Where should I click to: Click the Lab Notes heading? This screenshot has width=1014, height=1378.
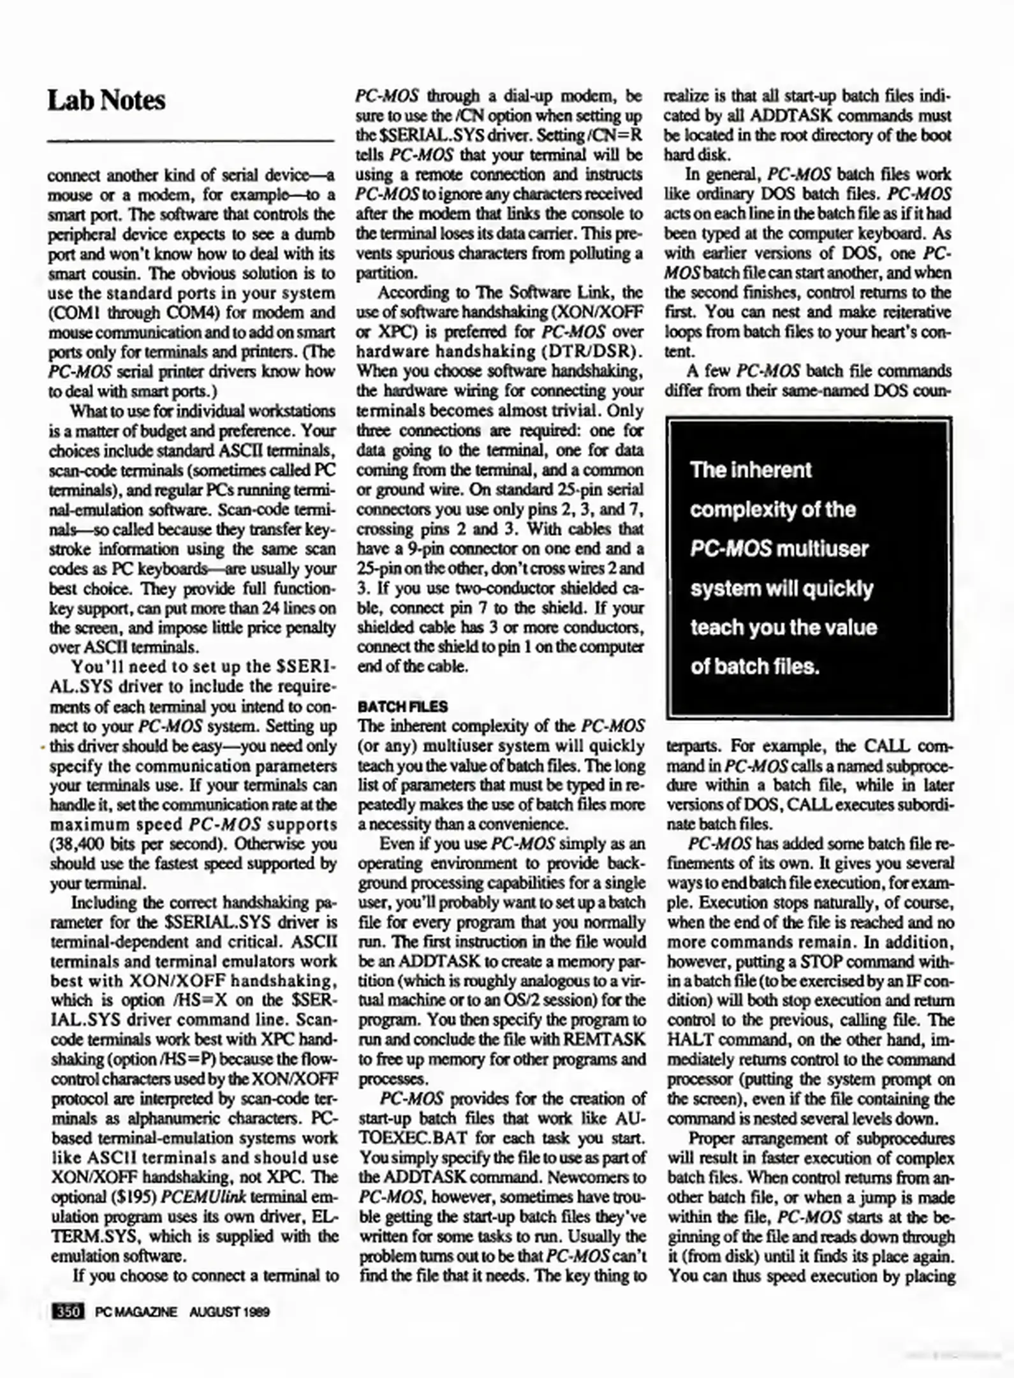tap(107, 101)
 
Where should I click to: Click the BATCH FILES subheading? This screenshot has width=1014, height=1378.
tap(402, 706)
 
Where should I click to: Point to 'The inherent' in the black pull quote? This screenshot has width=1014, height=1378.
tap(751, 470)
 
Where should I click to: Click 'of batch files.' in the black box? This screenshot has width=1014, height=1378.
tap(754, 667)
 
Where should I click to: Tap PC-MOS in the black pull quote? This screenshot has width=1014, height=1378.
tap(731, 549)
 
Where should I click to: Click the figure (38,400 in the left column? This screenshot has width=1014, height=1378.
tap(78, 844)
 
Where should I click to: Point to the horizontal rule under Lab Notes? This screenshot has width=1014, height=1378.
tap(191, 140)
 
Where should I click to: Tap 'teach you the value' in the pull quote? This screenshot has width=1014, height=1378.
tap(783, 627)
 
